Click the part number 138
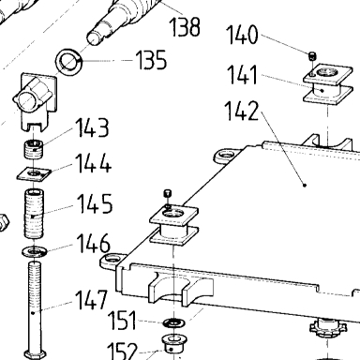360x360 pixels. coord(185,26)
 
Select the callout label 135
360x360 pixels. coord(151,59)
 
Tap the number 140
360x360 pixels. coord(242,35)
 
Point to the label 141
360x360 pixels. coord(242,75)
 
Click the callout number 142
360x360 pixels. coord(242,111)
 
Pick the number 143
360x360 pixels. coord(93,127)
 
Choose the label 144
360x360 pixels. coord(94,163)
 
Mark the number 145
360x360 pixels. coord(95,203)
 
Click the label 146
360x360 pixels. coord(94,243)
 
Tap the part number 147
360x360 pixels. coord(92,300)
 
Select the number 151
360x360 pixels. coord(122,321)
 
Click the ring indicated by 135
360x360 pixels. coord(68,61)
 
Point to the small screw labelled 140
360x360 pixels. coord(313,56)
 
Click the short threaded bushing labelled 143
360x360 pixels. coord(34,149)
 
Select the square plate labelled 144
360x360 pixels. coord(34,174)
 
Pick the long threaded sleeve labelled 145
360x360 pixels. coord(34,215)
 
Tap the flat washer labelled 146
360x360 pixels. coord(35,251)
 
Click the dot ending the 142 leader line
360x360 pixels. coord(305,186)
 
